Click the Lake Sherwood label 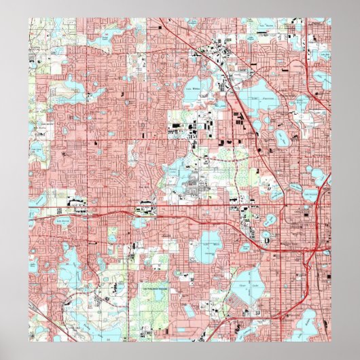click(x=63, y=219)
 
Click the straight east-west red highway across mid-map click(x=170, y=206)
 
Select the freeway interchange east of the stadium click(x=314, y=251)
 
